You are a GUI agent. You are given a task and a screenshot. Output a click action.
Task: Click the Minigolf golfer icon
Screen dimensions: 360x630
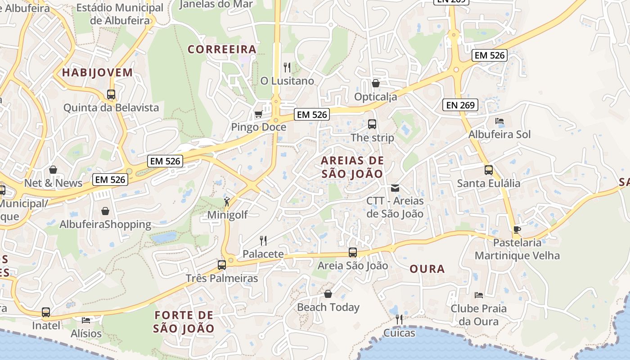point(227,202)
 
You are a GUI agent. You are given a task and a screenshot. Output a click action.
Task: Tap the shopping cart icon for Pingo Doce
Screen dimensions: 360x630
point(258,114)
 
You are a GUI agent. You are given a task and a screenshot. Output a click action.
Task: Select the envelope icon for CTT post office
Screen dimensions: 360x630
point(395,188)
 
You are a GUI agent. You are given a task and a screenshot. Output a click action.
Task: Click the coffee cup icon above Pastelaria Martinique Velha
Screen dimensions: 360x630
point(517,229)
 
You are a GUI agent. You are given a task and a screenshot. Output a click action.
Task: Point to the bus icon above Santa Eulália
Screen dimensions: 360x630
point(489,170)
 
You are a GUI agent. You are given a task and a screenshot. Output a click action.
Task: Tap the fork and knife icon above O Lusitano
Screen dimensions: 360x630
point(287,67)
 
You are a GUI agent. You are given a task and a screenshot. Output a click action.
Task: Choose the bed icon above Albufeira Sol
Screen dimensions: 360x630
point(499,121)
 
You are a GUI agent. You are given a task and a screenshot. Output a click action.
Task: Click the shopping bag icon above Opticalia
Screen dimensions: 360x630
point(375,83)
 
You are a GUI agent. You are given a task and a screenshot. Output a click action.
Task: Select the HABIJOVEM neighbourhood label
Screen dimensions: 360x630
point(98,72)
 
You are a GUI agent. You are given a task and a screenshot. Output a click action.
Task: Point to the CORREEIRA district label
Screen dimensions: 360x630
point(222,49)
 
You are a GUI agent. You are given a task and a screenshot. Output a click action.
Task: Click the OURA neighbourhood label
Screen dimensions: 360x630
point(427,269)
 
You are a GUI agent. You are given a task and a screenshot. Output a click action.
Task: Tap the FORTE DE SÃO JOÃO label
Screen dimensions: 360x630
point(184,321)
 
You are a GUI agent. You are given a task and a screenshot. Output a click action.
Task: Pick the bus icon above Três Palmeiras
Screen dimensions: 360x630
point(222,265)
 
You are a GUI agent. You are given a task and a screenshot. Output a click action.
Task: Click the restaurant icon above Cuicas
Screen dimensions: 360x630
point(399,319)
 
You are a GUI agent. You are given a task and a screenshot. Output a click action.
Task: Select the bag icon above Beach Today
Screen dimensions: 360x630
point(328,294)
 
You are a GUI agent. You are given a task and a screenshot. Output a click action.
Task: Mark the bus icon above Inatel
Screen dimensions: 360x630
point(46,312)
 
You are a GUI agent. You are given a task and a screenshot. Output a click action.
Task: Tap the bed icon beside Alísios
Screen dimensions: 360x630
point(86,320)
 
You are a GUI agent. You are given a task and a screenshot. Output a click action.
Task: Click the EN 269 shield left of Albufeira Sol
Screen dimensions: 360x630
point(460,105)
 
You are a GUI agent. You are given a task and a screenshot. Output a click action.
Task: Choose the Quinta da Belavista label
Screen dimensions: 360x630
point(111,108)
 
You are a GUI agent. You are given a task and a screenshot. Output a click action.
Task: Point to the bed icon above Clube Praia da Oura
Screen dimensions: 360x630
point(479,295)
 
